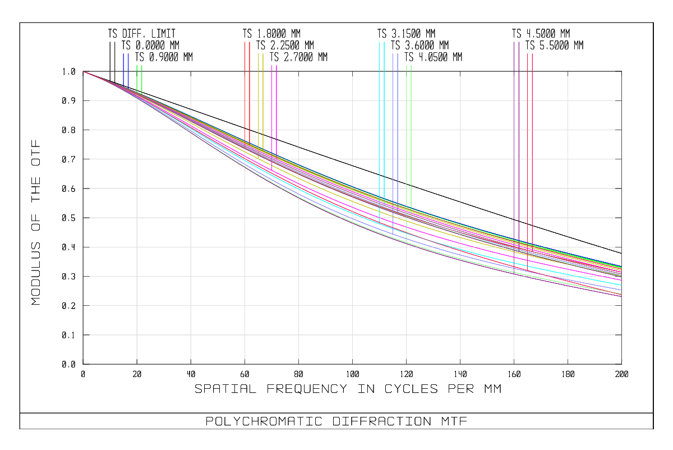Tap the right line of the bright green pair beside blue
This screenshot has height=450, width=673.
point(142,76)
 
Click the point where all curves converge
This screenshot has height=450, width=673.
point(84,71)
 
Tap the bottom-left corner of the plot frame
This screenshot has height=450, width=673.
point(83,364)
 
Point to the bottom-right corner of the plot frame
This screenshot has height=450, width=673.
point(621,364)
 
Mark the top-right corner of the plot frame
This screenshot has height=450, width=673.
point(621,71)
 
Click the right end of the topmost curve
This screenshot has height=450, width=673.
point(621,267)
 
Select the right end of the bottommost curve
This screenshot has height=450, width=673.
point(621,297)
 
